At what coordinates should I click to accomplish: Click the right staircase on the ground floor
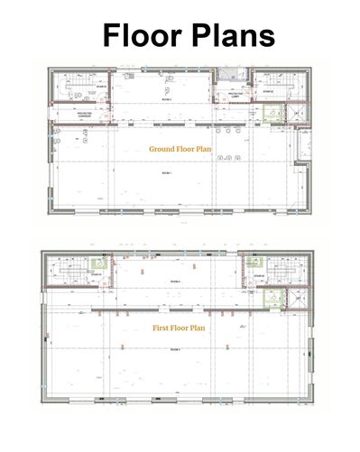(x=269, y=90)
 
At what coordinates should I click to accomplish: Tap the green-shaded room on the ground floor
(x=268, y=112)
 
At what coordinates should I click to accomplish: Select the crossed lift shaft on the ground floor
(x=293, y=112)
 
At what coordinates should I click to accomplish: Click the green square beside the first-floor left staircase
(x=97, y=263)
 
